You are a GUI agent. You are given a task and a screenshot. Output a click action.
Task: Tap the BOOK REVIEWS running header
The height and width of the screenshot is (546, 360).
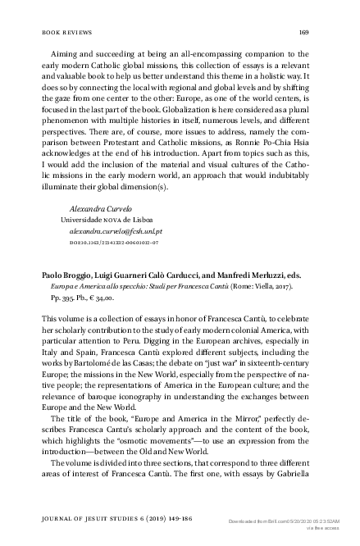pos(65,32)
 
